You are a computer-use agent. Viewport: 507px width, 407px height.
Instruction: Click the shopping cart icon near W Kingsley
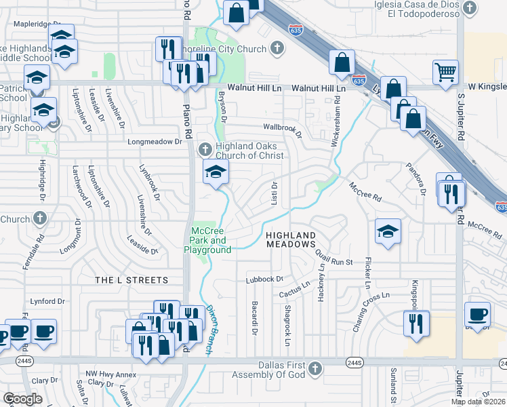coord(445,72)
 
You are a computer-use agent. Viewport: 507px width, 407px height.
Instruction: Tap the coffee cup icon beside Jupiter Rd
coord(477,314)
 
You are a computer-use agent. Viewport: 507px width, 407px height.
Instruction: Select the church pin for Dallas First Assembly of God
coord(314,368)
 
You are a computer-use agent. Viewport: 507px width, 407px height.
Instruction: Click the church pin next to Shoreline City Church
coord(276,47)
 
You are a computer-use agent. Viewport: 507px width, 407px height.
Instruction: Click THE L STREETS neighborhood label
coord(131,280)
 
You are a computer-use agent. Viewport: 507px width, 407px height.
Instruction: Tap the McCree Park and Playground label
coord(209,240)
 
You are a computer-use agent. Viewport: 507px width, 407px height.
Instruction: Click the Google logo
coord(23,400)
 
